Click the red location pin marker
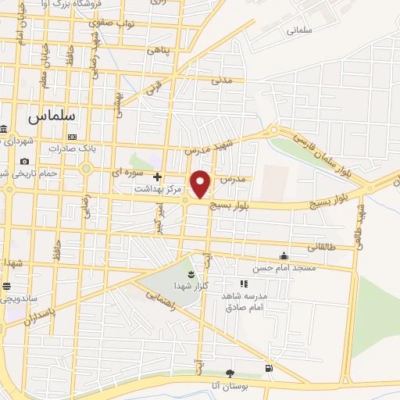(202, 184)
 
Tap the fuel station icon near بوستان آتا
(270, 367)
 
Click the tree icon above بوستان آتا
(229, 373)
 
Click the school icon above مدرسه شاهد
(243, 284)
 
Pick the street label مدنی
(223, 80)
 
